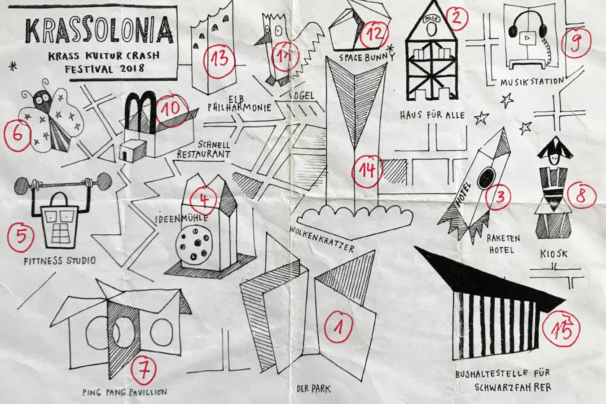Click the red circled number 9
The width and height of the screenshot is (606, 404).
click(576, 43)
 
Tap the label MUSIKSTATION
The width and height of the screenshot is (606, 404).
click(532, 81)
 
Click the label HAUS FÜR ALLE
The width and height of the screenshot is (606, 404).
click(432, 115)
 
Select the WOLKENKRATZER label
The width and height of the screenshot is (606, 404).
click(322, 239)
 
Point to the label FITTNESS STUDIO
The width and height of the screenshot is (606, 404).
click(60, 261)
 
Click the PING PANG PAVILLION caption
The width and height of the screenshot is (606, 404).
click(125, 392)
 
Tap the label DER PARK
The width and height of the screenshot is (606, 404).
click(314, 389)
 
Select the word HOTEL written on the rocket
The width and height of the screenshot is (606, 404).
click(463, 195)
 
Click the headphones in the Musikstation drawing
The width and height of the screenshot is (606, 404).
click(527, 25)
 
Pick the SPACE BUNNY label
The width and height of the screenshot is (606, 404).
click(367, 57)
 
